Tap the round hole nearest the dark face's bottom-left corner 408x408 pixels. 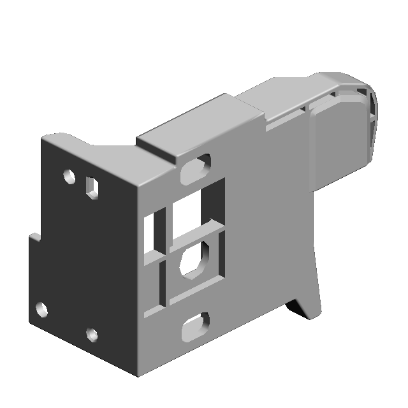pos(41,310)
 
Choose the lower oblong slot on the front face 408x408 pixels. pos(195,326)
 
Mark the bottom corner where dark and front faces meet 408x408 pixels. pos(135,375)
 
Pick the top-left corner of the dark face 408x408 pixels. pos(43,137)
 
